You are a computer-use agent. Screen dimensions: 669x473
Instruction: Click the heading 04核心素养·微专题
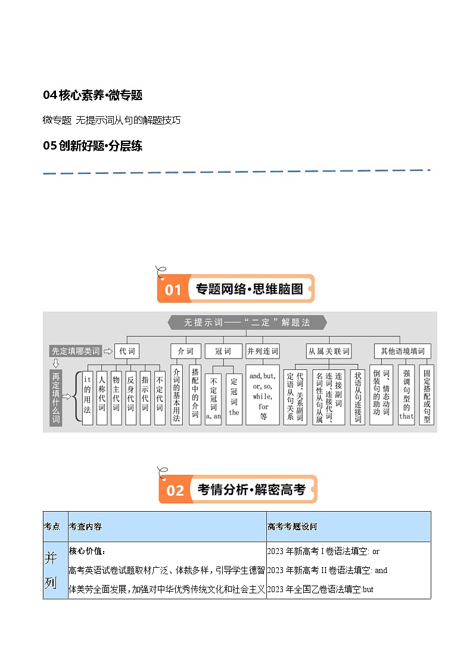[92, 95]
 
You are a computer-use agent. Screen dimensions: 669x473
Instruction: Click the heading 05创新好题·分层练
[92, 145]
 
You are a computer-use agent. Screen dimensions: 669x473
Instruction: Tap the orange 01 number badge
[173, 290]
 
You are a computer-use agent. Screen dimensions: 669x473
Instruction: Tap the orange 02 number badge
[175, 490]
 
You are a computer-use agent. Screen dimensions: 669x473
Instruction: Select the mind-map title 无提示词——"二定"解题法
[247, 322]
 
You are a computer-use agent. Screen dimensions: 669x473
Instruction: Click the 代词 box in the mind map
[127, 351]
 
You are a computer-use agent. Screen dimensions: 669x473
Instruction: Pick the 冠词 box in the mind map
[223, 351]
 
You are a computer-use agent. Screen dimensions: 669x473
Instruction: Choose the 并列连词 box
[263, 351]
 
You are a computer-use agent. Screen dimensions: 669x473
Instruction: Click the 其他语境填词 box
[403, 351]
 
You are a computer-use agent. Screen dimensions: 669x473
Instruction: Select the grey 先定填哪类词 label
[76, 351]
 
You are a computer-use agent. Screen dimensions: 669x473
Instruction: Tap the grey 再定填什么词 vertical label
[55, 397]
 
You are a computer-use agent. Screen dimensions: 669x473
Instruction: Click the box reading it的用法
[88, 394]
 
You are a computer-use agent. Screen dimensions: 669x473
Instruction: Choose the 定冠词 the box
[234, 399]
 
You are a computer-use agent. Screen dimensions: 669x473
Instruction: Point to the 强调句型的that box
[406, 394]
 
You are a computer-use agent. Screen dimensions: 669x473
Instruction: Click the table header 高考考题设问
[292, 527]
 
